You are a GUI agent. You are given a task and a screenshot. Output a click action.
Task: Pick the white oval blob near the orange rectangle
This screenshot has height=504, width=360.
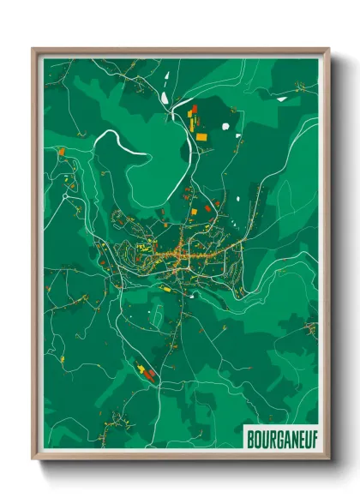click(226, 127)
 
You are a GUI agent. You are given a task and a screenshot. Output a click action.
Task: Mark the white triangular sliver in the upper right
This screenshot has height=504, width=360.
click(283, 99)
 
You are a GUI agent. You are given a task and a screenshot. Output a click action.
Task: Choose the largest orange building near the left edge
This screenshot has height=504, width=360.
click(62, 151)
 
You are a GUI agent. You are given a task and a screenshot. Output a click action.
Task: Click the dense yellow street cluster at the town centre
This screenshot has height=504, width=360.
click(182, 253)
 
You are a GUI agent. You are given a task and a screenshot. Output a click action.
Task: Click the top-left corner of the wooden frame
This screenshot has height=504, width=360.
click(33, 49)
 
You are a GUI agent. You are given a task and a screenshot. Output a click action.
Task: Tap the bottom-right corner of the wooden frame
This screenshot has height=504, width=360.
click(328, 459)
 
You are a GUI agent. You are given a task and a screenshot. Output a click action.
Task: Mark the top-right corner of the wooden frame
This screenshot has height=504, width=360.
click(328, 49)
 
